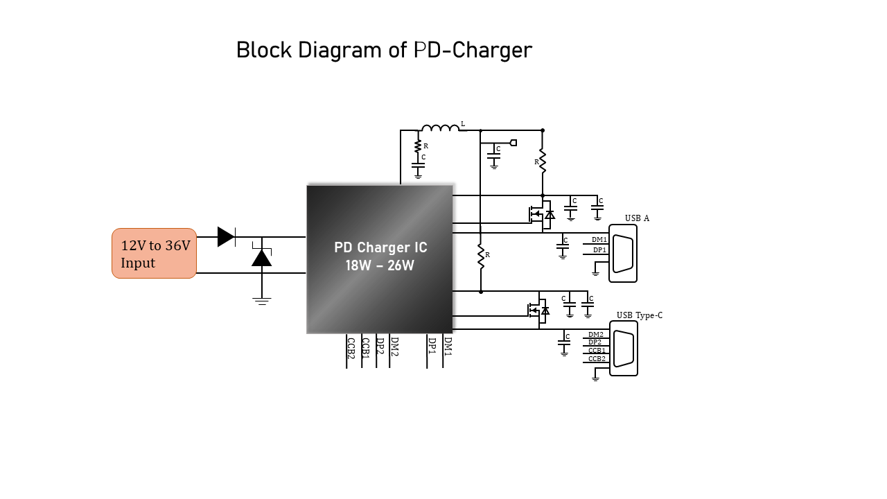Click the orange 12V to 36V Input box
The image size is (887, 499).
click(x=154, y=254)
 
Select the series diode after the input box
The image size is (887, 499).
click(x=227, y=237)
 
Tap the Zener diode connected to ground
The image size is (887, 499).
click(x=262, y=256)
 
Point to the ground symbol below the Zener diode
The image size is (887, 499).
click(x=262, y=301)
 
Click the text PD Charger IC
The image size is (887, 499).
click(x=380, y=247)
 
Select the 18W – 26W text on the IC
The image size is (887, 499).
click(x=380, y=265)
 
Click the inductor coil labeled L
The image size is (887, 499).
click(x=440, y=128)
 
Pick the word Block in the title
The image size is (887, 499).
click(x=264, y=51)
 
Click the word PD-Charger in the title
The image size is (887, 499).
click(x=473, y=51)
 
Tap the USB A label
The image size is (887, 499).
click(x=637, y=218)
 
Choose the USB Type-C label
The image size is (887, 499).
click(x=640, y=315)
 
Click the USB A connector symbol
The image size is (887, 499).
click(x=623, y=254)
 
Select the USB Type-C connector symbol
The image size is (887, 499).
click(x=624, y=349)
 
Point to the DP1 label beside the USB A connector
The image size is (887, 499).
click(x=599, y=250)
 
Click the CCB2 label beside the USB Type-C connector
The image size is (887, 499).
click(x=597, y=359)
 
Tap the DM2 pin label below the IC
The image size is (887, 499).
click(x=394, y=347)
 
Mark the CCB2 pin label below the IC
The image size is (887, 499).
click(x=351, y=348)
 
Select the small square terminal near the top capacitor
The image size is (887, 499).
click(x=513, y=143)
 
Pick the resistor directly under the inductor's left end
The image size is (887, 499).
click(x=418, y=146)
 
